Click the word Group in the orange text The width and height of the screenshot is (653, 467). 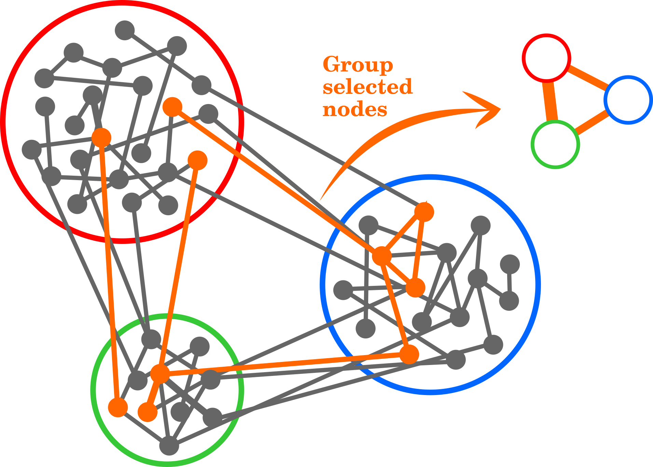(358, 65)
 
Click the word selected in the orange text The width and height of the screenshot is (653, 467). (367, 87)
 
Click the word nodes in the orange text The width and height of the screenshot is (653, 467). (355, 110)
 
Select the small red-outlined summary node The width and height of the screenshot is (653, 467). (546, 58)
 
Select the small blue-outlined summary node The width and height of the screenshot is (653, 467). (628, 100)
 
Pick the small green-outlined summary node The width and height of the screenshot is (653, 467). (555, 144)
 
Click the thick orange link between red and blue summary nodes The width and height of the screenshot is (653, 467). (588, 78)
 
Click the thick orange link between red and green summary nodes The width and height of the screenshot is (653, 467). (550, 101)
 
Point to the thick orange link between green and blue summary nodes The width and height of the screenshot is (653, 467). (592, 122)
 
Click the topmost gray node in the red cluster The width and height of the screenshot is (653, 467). (125, 30)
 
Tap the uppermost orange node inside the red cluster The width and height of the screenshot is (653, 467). (172, 107)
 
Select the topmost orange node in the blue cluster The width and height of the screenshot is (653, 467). (424, 212)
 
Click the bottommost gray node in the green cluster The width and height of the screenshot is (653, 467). (169, 446)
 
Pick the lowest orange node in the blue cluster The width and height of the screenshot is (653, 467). (409, 354)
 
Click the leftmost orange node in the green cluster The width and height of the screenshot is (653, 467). (118, 407)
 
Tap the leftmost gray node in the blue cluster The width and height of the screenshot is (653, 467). (343, 290)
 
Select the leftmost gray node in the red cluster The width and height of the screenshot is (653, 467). (31, 149)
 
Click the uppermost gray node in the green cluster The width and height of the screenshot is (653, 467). (151, 339)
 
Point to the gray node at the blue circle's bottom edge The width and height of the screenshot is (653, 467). (456, 360)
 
